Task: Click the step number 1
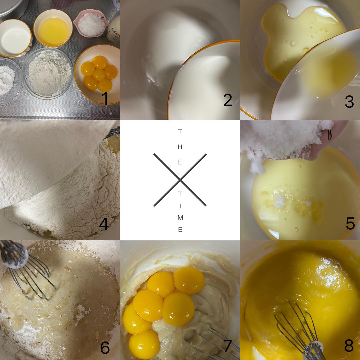click(105, 99)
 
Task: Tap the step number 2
click(228, 100)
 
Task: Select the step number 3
click(349, 101)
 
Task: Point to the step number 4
click(104, 224)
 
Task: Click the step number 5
click(350, 223)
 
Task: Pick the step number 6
click(105, 347)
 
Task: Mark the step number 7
click(227, 346)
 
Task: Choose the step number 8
click(349, 346)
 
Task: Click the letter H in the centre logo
click(180, 147)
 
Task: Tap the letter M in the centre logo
click(180, 217)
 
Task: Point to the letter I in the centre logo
click(180, 206)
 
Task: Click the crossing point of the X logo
click(180, 180)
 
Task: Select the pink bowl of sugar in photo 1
click(91, 23)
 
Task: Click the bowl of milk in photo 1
click(16, 38)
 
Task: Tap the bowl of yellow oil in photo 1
click(53, 28)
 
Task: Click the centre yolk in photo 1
click(99, 75)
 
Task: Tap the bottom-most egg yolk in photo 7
click(144, 344)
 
